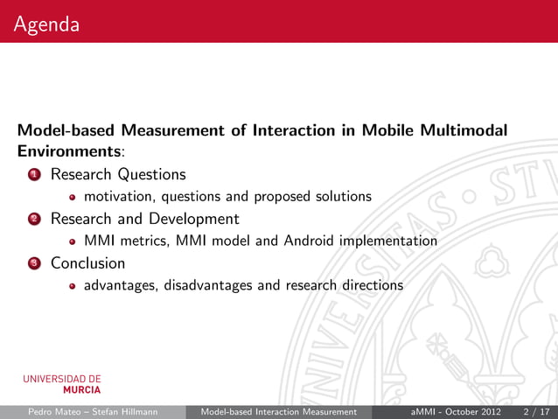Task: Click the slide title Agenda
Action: (46, 25)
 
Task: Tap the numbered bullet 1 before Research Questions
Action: (33, 175)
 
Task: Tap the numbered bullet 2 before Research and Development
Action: (33, 219)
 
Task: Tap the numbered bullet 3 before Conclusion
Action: (33, 263)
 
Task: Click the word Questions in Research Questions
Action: (152, 175)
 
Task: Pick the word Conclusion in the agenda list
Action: (87, 262)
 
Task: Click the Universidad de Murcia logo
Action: (62, 384)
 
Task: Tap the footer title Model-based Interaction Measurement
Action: (278, 412)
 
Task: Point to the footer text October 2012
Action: (472, 412)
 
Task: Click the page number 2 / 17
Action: (535, 412)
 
